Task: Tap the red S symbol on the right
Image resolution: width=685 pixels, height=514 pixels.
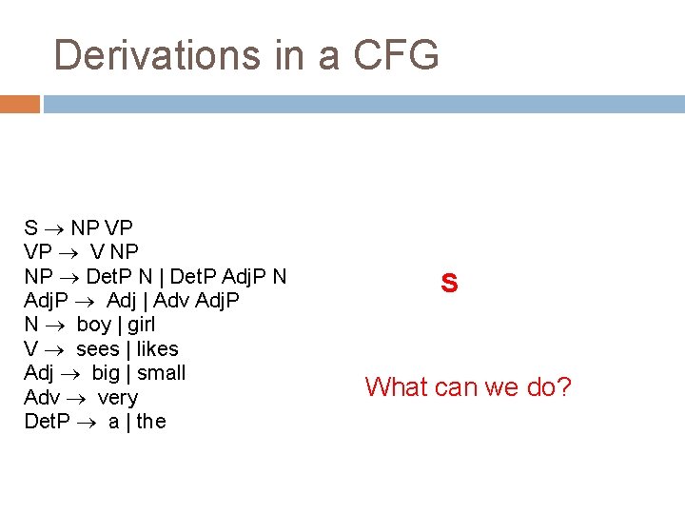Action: (x=450, y=284)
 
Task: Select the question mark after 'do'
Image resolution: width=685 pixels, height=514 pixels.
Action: (x=563, y=386)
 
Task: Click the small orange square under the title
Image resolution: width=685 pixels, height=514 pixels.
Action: (x=19, y=104)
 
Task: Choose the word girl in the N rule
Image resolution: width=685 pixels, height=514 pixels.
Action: (x=141, y=325)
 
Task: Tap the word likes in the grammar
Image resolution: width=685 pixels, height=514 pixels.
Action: (x=158, y=348)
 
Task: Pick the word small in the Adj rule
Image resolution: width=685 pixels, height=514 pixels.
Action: (x=162, y=372)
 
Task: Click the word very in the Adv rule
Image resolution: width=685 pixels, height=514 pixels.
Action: (x=118, y=397)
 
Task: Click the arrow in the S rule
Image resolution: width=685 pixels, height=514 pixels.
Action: (x=54, y=228)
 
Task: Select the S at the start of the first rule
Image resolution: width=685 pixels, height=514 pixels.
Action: (x=30, y=228)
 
